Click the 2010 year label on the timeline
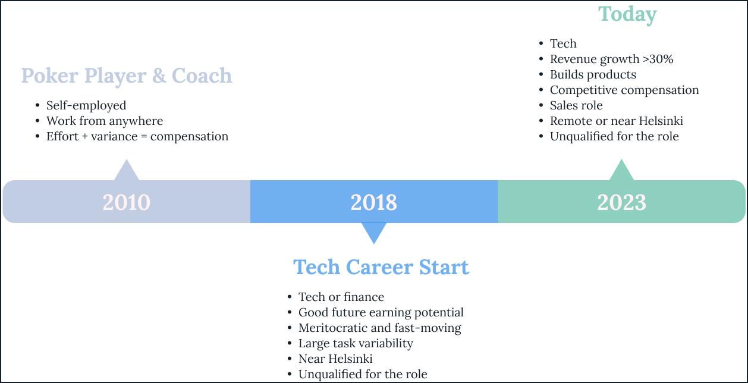pos(126,202)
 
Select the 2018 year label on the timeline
pos(373,202)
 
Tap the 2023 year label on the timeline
pos(621,202)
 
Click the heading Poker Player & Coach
pos(127,76)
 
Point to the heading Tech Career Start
pos(381,267)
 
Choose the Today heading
pos(627,14)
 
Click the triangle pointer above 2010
pos(126,171)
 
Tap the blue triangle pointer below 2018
pos(374,231)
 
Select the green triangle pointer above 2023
pos(621,171)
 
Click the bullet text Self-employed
pos(86,105)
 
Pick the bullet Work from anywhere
pos(105,121)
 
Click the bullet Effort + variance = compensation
pos(137,136)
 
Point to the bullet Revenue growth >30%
pos(611,59)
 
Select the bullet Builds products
pos(593,74)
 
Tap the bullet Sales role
pos(576,105)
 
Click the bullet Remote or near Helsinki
pos(616,121)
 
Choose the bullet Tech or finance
pos(341,297)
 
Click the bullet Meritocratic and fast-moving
pos(379,328)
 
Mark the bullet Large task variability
pos(356,343)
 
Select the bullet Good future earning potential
pos(381,312)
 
